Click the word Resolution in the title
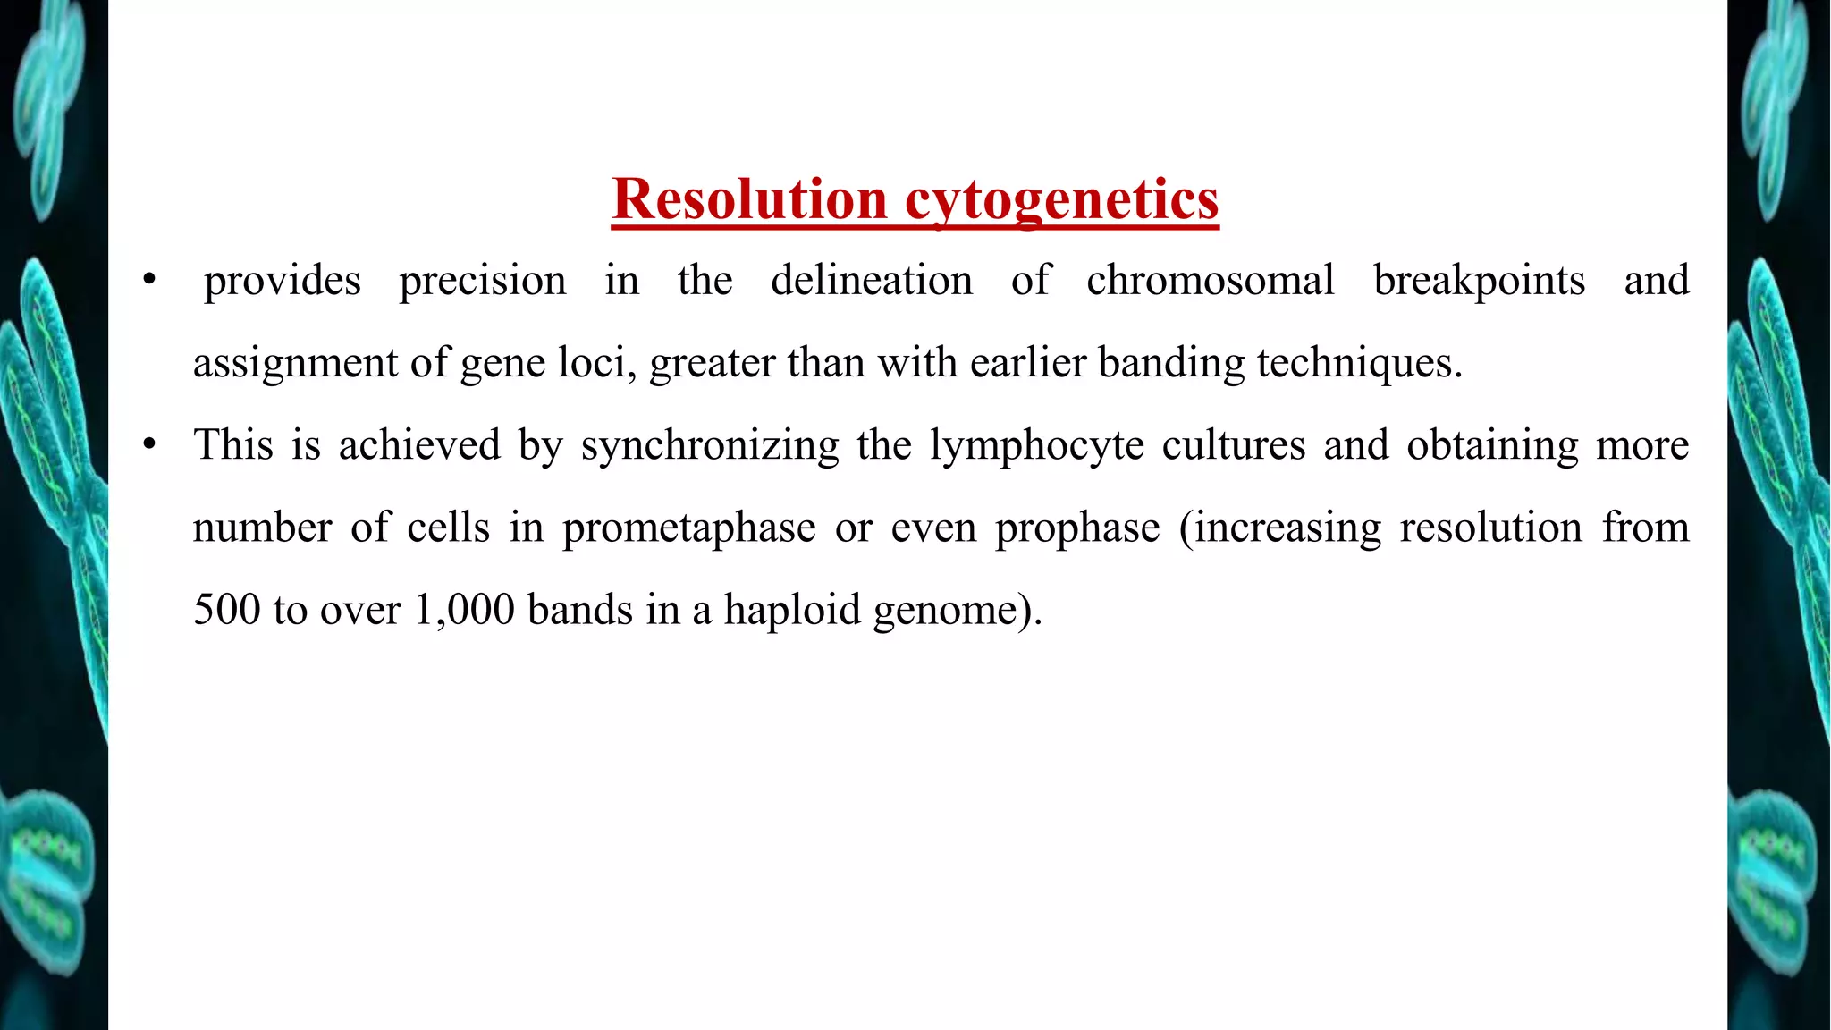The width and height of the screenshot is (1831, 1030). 749,198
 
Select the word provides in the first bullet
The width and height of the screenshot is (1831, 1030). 283,282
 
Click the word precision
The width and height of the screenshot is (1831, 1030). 483,282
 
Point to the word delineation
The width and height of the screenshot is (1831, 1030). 872,281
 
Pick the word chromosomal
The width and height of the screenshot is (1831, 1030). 1211,281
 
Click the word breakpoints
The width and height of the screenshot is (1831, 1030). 1480,282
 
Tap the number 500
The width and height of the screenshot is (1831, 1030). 227,610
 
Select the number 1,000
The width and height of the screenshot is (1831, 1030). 464,610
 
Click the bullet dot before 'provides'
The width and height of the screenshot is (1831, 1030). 149,281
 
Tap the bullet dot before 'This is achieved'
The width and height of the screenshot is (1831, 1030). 149,444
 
